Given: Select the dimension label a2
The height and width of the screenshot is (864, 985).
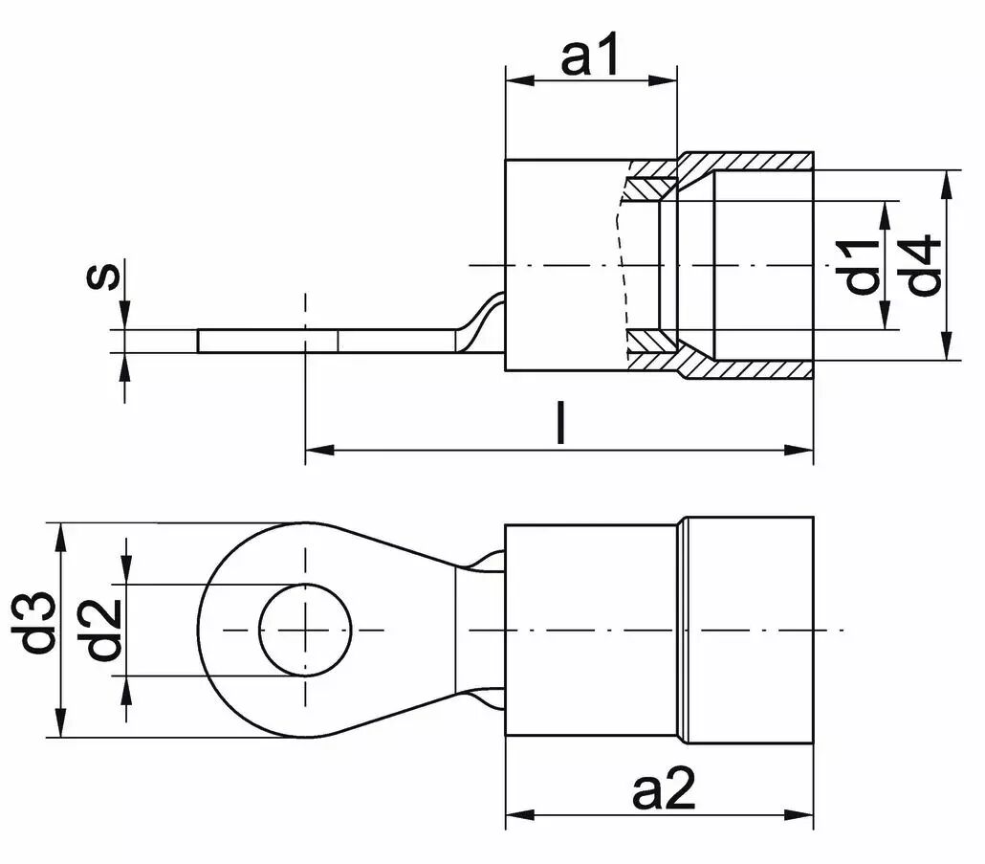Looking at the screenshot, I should [x=664, y=792].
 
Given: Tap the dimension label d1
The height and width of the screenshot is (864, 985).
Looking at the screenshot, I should [x=863, y=267].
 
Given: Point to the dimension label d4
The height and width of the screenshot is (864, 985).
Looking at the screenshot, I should [x=925, y=267].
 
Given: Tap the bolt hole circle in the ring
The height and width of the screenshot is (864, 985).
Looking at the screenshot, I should [x=306, y=630].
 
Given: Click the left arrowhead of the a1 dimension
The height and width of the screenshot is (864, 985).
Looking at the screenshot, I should [x=515, y=80].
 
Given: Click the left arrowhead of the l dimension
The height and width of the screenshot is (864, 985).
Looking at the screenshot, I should [x=317, y=449].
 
